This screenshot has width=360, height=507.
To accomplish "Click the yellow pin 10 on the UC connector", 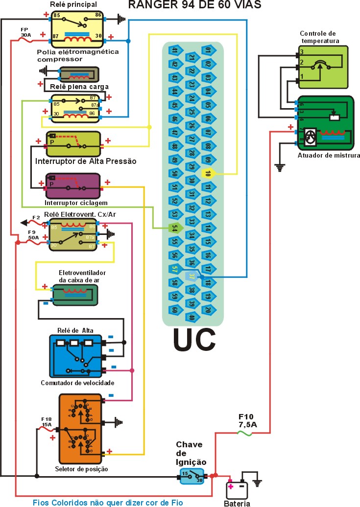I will pyautogui.click(x=208, y=173).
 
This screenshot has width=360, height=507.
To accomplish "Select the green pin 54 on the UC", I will pyautogui.click(x=174, y=228).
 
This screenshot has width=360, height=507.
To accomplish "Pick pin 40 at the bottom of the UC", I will pyautogui.click(x=192, y=317).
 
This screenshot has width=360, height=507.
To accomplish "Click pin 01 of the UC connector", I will pyautogui.click(x=208, y=50).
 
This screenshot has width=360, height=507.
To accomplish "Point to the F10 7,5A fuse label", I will pyautogui.click(x=247, y=421).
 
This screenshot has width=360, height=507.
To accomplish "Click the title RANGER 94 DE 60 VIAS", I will pyautogui.click(x=194, y=5).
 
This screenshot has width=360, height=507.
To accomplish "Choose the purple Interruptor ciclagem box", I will pyautogui.click(x=72, y=186).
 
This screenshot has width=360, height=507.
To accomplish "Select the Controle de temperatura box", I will pyautogui.click(x=323, y=67).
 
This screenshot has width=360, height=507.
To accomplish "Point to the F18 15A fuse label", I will pyautogui.click(x=46, y=422).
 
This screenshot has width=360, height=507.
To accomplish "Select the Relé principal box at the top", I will pyautogui.click(x=74, y=27).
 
